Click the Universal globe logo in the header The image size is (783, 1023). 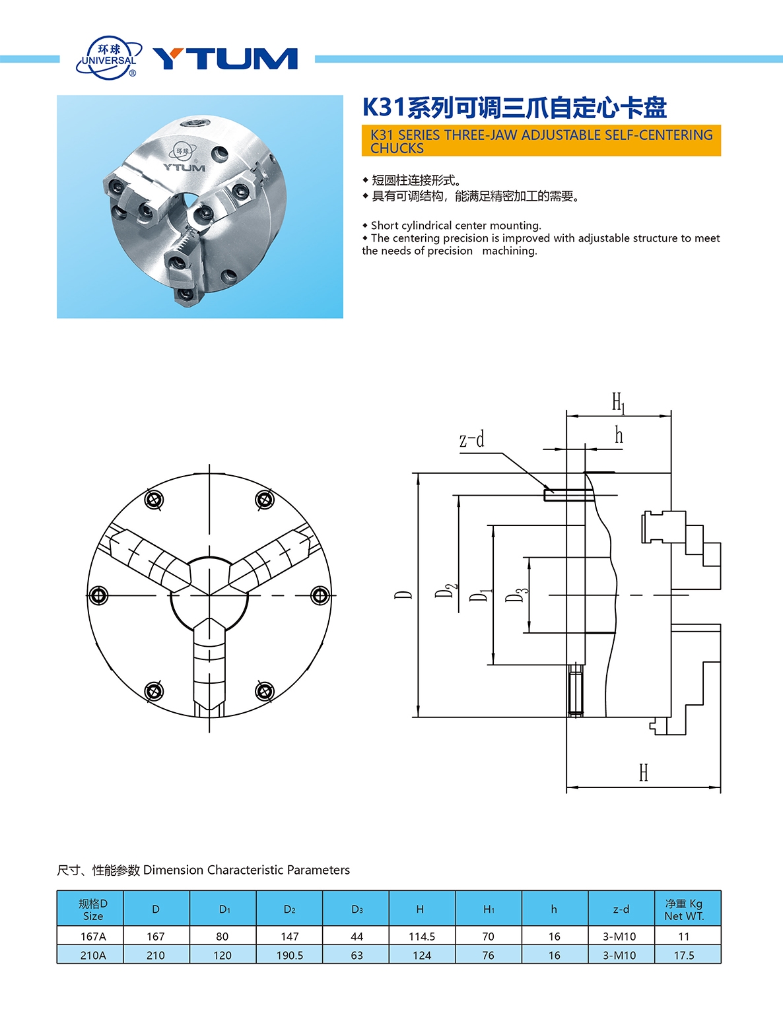[110, 58]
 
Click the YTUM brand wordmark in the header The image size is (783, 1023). [225, 59]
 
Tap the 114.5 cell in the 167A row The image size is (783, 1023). [421, 936]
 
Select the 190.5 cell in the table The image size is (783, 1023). [289, 955]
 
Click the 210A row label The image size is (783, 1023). [92, 955]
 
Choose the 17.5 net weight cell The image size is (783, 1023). [684, 955]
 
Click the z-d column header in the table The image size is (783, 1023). [621, 909]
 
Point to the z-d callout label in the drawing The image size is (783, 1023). [472, 440]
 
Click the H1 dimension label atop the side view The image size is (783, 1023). [618, 402]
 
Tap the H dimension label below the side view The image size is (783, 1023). [644, 772]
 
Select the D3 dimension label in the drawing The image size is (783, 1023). [517, 594]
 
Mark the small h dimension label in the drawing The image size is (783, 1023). [619, 435]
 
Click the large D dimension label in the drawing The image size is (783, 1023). [403, 595]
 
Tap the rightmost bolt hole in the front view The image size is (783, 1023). [320, 595]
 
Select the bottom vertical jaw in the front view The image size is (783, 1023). [210, 667]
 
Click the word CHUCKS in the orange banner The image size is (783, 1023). [397, 148]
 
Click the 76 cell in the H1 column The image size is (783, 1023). [488, 955]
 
